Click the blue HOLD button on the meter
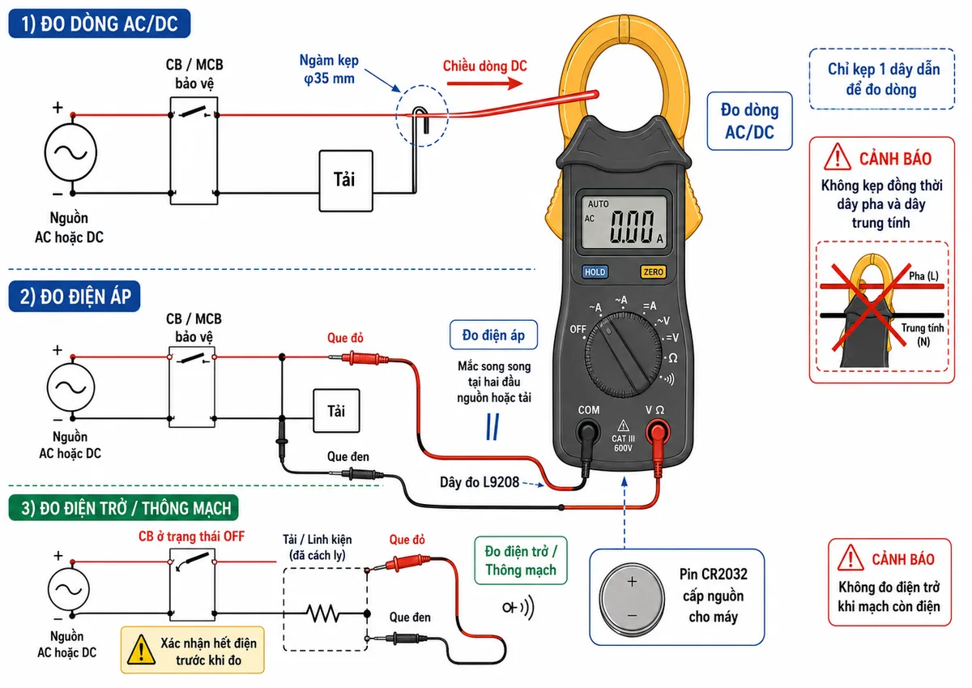pos(595,272)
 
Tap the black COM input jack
pos(588,433)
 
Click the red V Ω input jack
pos(658,433)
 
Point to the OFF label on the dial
pos(578,330)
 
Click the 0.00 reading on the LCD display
pos(632,226)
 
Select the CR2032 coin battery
pos(632,599)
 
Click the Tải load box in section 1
pos(345,181)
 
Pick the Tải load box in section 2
pos(336,411)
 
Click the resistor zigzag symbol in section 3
pos(323,613)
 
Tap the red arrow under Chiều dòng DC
pos(484,83)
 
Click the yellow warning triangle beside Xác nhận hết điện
pos(141,650)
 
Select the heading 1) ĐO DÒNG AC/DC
pos(100,24)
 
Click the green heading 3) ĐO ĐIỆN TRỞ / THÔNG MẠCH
pos(124,507)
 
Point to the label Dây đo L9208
pos(479,482)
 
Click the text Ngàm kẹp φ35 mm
pos(330,70)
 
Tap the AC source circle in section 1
pos(70,153)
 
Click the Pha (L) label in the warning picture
pos(923,276)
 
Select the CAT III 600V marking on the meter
pos(623,443)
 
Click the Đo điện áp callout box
pos(493,335)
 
